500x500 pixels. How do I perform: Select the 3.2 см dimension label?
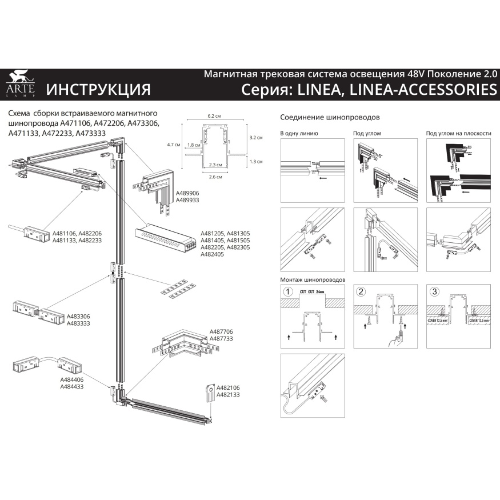(x=257, y=138)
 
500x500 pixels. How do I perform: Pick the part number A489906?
(x=187, y=194)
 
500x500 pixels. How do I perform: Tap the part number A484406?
(x=72, y=379)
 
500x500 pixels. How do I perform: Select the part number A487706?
(x=221, y=331)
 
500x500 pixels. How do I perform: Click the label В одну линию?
(x=299, y=133)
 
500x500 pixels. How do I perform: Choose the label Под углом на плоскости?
(x=458, y=133)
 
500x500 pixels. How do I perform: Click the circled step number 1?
(x=289, y=291)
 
